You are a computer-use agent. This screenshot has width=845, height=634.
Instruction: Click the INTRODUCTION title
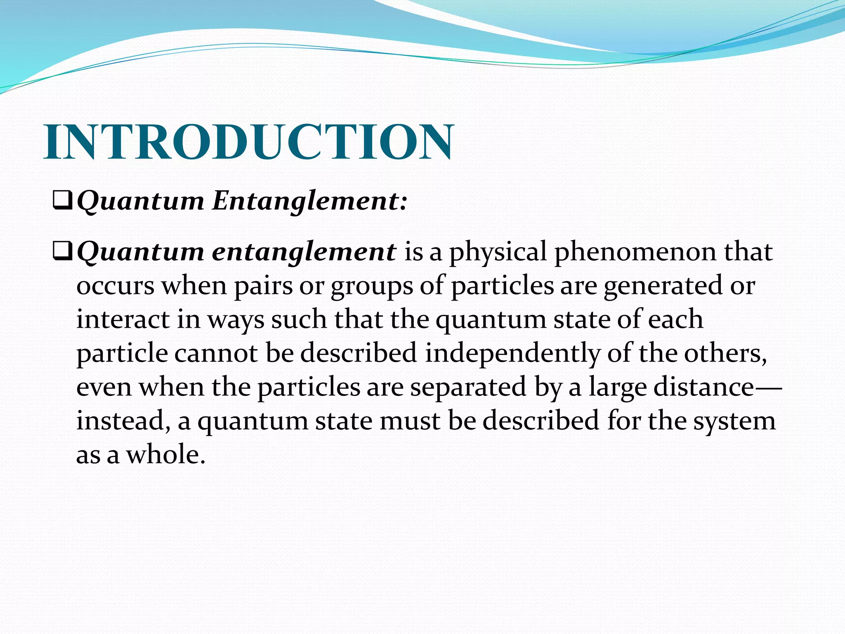tap(249, 142)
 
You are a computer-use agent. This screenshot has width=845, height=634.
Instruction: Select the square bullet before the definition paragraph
tap(63, 252)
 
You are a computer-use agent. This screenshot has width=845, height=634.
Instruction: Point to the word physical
tap(498, 253)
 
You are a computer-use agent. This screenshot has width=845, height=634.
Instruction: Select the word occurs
tap(115, 286)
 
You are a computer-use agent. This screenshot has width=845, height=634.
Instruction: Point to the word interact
tap(123, 319)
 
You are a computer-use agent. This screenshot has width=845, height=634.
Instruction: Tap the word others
tap(725, 353)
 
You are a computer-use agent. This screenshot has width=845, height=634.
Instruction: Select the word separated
tap(468, 388)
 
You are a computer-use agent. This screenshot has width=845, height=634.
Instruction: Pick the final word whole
tap(165, 455)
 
